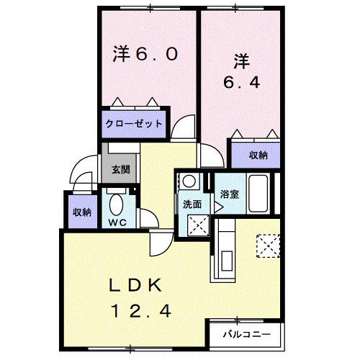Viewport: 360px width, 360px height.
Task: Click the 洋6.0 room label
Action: [144, 55]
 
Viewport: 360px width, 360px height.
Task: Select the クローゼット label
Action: [135, 124]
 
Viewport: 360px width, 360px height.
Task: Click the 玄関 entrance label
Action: [120, 170]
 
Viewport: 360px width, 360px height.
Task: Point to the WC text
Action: [117, 222]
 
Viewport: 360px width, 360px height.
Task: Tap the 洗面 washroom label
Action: [192, 204]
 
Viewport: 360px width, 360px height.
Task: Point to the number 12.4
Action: [141, 311]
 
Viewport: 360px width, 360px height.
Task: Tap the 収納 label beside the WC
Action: [81, 212]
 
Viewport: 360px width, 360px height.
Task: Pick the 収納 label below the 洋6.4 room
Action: [258, 155]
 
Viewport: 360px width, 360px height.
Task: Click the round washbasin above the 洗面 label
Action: [189, 180]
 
